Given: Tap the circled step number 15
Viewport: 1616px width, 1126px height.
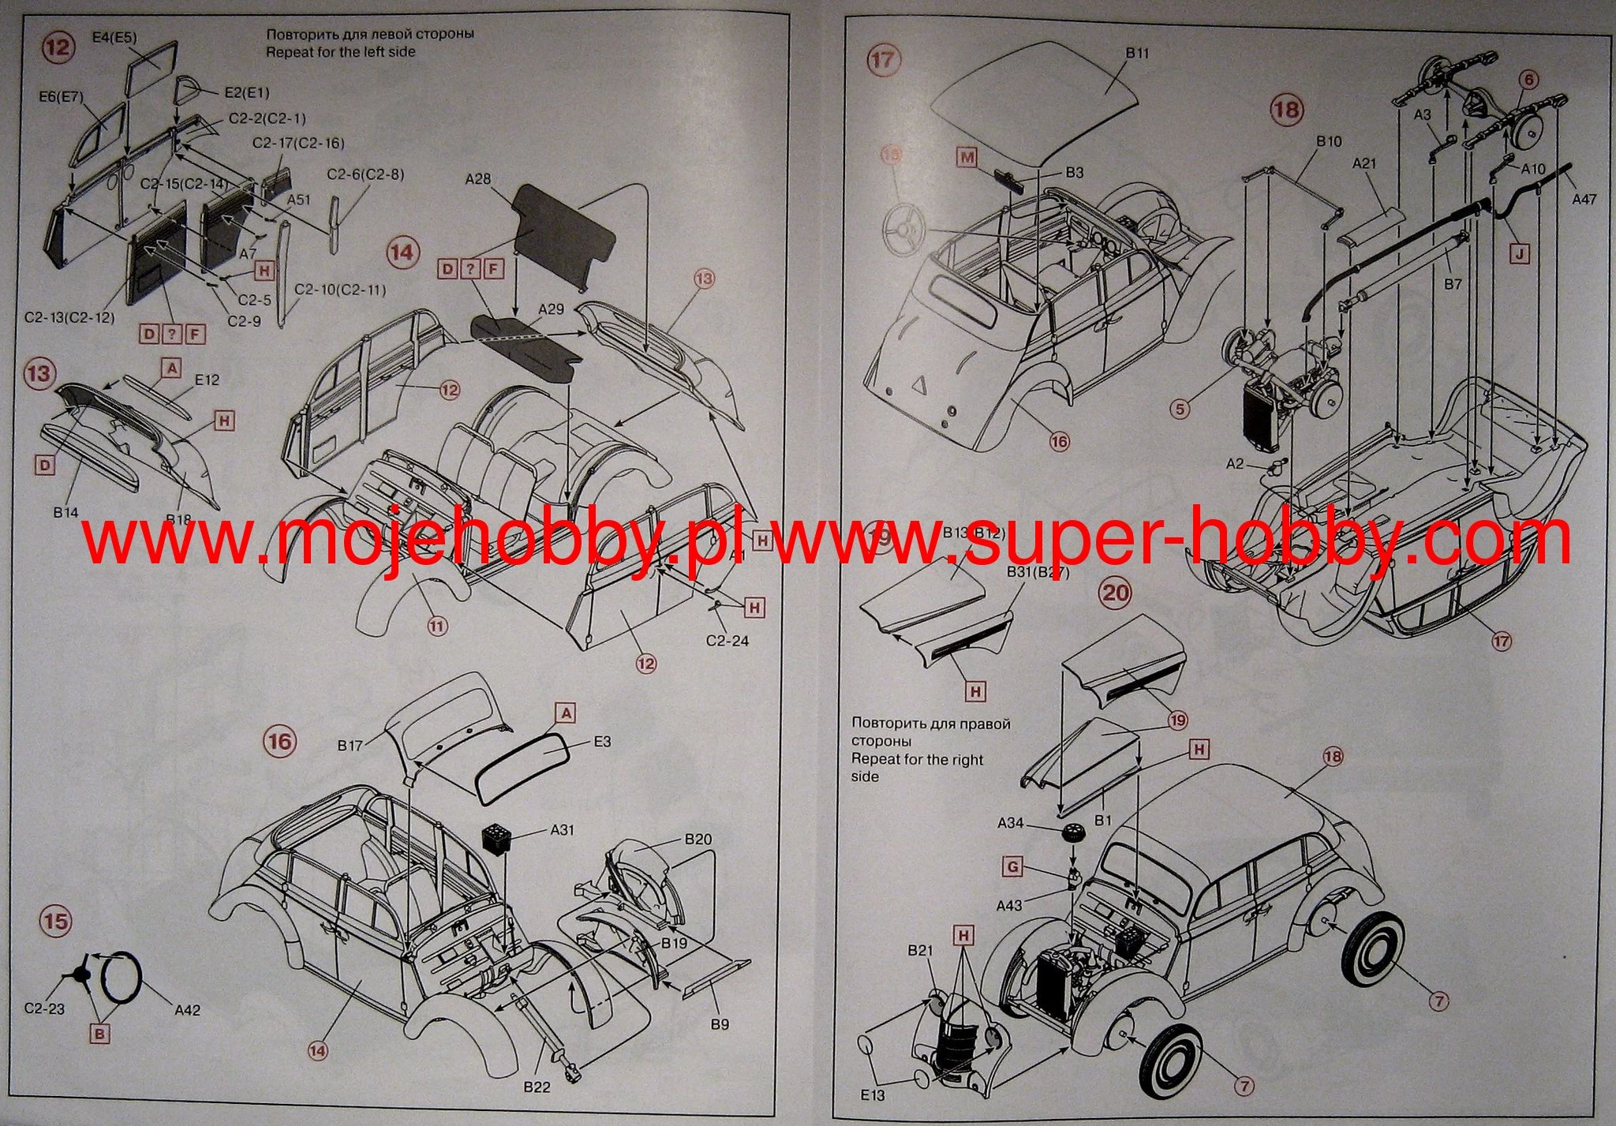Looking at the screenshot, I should click(x=56, y=922).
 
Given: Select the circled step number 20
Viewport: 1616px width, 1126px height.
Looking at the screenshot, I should click(x=1115, y=593).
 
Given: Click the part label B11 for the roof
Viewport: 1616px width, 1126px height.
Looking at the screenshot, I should click(x=1137, y=53).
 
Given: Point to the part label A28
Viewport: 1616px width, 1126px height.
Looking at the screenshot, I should click(x=478, y=179).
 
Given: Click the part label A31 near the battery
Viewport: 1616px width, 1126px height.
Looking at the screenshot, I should click(x=563, y=829).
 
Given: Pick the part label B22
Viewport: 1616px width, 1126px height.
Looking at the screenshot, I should click(x=537, y=1087).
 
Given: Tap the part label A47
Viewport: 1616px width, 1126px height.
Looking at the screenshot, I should click(x=1584, y=200).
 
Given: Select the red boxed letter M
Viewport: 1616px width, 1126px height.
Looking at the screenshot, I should click(x=967, y=156).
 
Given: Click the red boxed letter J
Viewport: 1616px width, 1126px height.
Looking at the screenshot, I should click(x=1518, y=253).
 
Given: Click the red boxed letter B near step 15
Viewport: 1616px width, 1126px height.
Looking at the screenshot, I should click(x=99, y=1033).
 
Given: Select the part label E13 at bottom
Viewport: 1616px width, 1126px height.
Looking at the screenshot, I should click(x=873, y=1094).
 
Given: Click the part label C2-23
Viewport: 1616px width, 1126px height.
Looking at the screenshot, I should click(x=44, y=1008).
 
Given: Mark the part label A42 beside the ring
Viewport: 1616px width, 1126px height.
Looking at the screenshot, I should click(x=187, y=1010).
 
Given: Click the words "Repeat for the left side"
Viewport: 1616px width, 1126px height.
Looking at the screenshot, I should click(x=340, y=52).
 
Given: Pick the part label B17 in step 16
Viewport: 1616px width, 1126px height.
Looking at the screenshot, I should click(x=350, y=745).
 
